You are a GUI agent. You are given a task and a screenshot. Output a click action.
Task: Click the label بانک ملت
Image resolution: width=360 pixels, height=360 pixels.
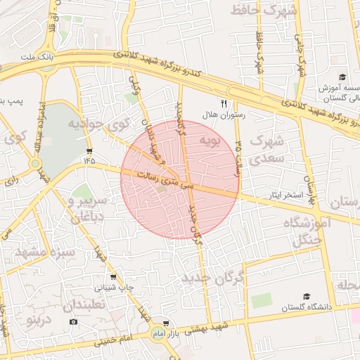pos(37,56)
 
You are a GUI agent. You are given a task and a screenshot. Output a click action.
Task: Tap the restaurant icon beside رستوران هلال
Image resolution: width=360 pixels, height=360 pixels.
pos(224,103)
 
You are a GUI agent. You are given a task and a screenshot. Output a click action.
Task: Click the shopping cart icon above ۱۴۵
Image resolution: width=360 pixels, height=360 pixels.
pos(89,150)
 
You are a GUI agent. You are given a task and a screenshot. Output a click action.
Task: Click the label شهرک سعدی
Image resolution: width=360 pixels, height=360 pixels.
pos(266,150)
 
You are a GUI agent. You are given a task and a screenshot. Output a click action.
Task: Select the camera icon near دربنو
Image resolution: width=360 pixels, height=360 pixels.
pos(74,322)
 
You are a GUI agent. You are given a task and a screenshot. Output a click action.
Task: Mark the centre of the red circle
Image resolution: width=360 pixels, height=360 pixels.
pos(180,180)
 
